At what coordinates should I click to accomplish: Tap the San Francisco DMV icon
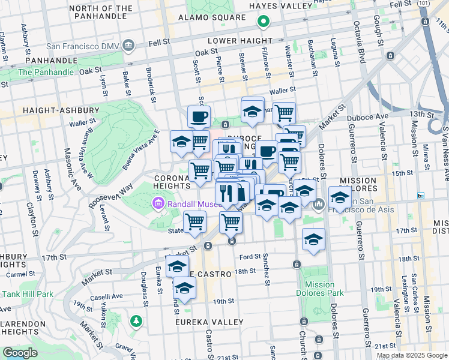pyautogui.click(x=128, y=46)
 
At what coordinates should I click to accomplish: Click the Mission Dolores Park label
pyautogui.click(x=319, y=289)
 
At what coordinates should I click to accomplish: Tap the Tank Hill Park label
pyautogui.click(x=28, y=294)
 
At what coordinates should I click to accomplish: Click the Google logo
pyautogui.click(x=20, y=352)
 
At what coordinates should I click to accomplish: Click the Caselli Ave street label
pyautogui.click(x=107, y=296)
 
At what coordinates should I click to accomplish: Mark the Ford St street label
pyautogui.click(x=249, y=257)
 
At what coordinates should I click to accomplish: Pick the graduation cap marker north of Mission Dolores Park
pyautogui.click(x=313, y=239)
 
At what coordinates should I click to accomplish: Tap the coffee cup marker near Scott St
pyautogui.click(x=199, y=116)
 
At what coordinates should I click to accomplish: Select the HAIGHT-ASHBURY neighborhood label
pyautogui.click(x=60, y=110)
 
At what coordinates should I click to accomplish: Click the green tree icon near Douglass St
pyautogui.click(x=137, y=321)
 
